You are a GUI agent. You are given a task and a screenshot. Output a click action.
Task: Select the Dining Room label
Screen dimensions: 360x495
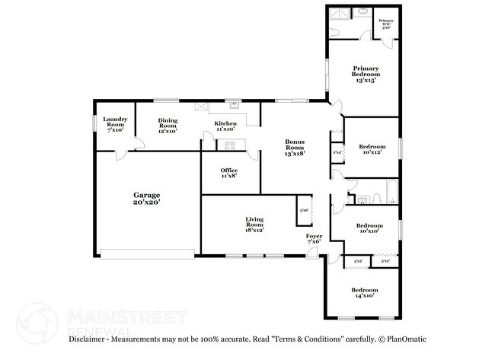point(168,126)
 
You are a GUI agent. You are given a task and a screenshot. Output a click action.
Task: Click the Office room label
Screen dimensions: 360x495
point(228,173)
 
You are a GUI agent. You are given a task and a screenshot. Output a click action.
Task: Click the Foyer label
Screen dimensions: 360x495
point(314,240)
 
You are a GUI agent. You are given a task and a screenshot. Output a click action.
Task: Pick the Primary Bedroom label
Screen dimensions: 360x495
point(365,75)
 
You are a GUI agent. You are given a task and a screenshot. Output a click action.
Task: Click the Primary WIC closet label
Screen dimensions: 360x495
point(386,24)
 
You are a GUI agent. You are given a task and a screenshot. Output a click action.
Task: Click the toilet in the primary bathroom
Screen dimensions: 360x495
point(362,13)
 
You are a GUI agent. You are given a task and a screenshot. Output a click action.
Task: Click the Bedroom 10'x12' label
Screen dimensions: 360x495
point(371,148)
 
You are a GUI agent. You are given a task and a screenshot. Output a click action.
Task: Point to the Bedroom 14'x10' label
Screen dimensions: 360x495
point(364,293)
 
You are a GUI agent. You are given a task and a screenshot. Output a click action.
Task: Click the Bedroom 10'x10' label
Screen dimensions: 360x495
point(369,228)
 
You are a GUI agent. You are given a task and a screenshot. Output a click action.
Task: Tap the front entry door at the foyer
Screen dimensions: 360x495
point(314,256)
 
